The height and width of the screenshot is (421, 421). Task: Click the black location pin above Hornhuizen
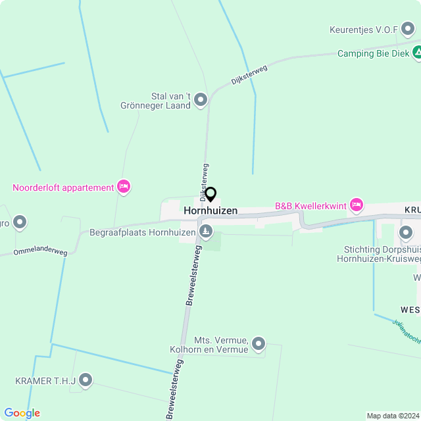click(210, 195)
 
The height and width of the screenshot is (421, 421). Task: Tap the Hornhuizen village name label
click(210, 210)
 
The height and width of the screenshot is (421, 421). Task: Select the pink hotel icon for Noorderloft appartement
click(123, 187)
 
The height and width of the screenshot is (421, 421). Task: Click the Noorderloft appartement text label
click(63, 187)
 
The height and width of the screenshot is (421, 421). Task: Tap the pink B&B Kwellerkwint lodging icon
click(357, 205)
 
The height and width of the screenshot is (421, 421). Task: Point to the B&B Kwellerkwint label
click(310, 206)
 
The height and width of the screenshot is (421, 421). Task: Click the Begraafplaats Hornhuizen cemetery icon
click(206, 232)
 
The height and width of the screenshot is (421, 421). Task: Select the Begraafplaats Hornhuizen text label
click(143, 232)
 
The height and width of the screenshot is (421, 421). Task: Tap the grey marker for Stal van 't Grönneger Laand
click(201, 100)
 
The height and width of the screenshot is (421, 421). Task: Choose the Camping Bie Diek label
click(373, 53)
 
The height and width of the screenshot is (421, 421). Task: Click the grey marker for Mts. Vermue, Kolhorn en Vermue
click(259, 343)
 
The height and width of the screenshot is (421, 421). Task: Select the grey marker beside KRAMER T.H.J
click(86, 380)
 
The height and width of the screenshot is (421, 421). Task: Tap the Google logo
click(22, 412)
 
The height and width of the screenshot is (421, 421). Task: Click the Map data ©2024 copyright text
click(392, 416)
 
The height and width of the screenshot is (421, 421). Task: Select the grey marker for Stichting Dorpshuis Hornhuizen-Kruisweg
click(405, 233)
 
